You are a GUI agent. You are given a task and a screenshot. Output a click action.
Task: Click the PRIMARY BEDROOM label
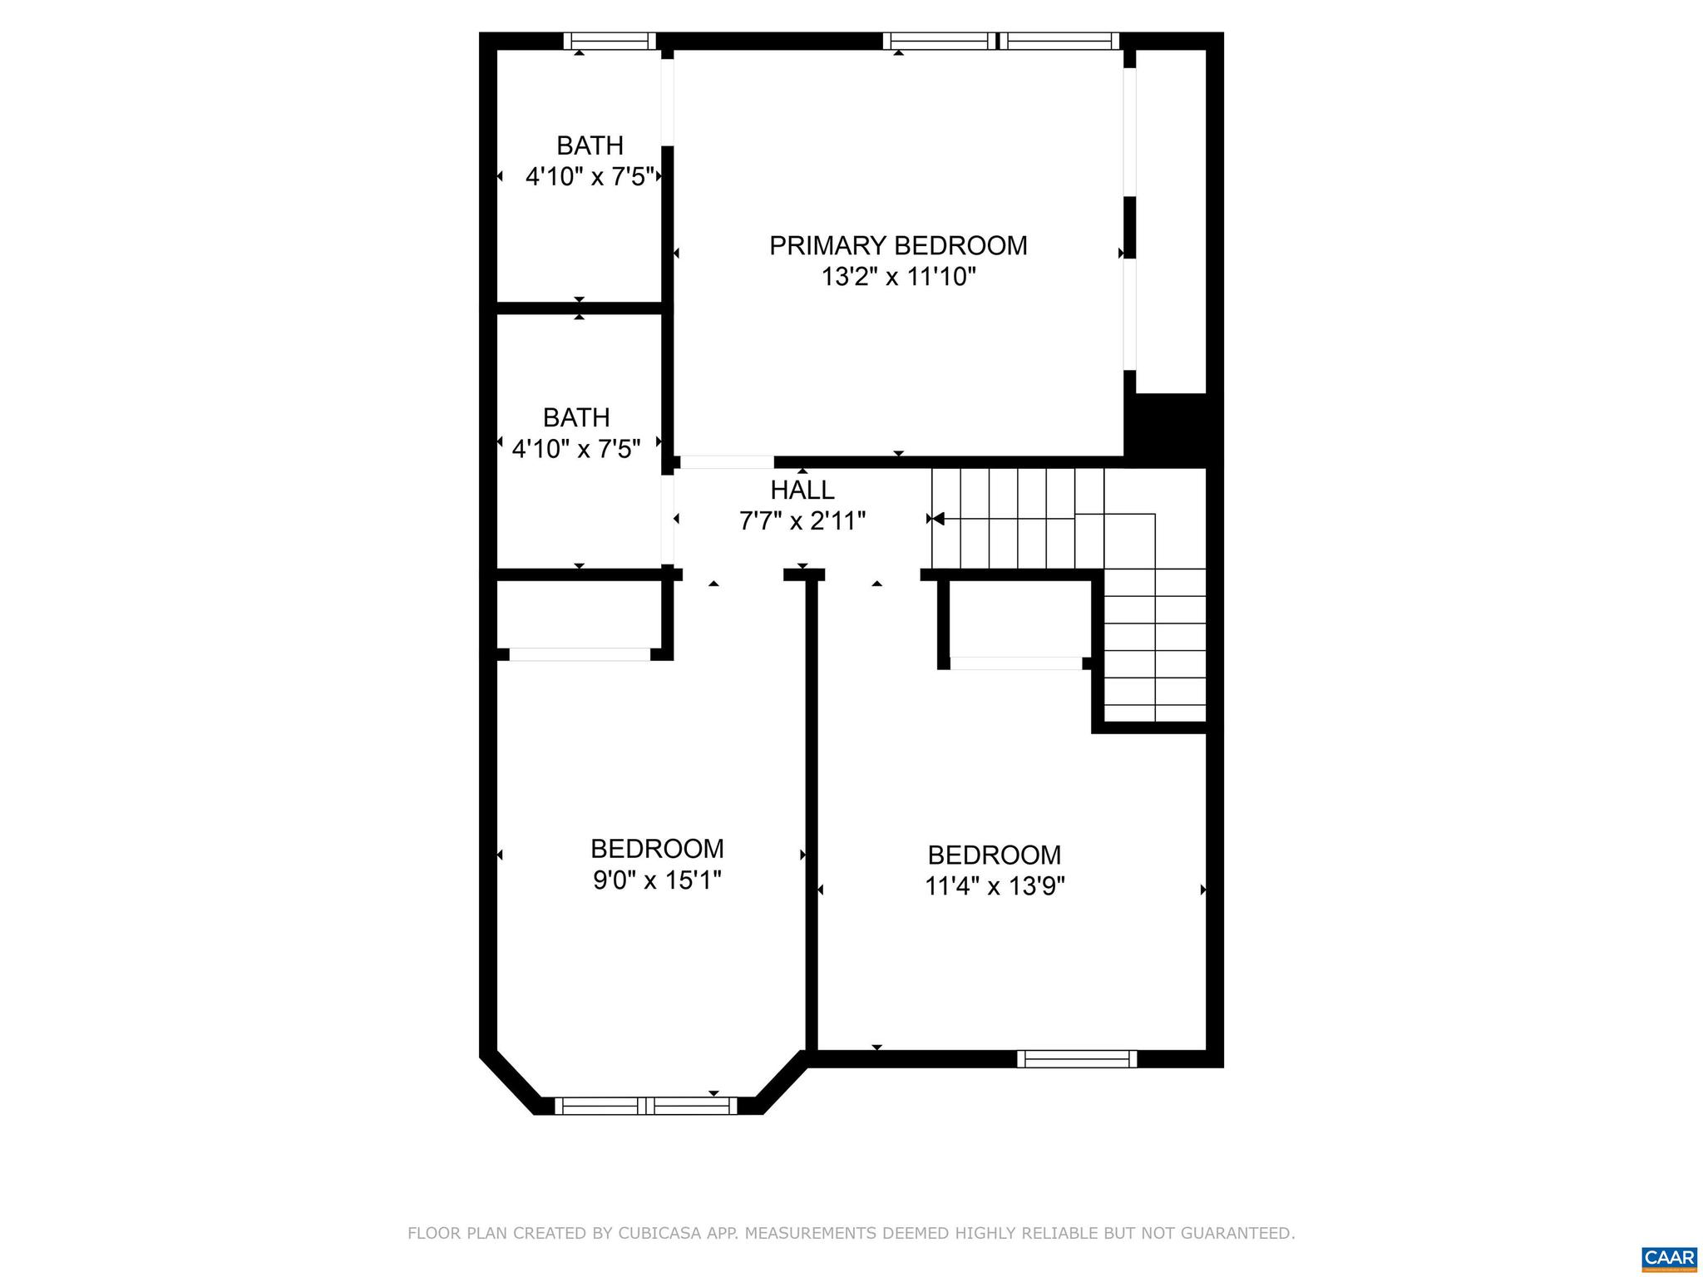click(898, 246)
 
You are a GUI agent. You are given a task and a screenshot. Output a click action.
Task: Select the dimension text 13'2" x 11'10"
click(898, 277)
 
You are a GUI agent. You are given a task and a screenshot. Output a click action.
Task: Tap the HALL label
click(802, 490)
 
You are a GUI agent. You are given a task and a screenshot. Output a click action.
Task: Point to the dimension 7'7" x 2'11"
click(802, 521)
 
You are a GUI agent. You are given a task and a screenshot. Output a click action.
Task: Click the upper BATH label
click(590, 146)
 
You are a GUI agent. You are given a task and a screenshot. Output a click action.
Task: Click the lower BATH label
click(576, 417)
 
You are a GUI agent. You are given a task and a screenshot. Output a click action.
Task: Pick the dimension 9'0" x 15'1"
click(657, 880)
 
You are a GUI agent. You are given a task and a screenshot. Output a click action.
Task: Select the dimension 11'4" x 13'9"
click(995, 886)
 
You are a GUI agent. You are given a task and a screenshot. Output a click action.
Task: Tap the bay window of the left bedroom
click(646, 1106)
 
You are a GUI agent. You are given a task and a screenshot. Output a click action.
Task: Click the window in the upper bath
click(610, 41)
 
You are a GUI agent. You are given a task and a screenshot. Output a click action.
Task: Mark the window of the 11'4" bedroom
click(1076, 1059)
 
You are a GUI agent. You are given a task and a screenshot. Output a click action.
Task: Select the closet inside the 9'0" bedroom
click(580, 615)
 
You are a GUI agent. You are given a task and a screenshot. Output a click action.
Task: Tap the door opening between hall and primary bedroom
click(727, 462)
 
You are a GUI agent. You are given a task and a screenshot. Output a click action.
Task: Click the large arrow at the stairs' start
click(938, 519)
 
